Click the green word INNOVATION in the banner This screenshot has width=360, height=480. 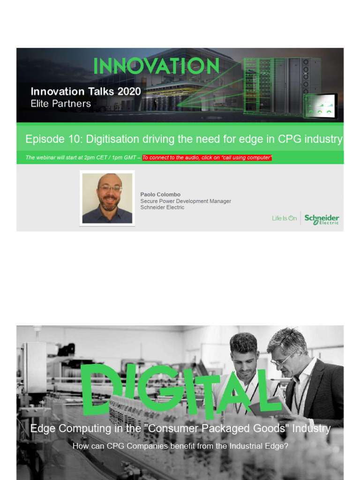pyautogui.click(x=156, y=66)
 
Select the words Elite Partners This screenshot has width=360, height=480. pyautogui.click(x=60, y=104)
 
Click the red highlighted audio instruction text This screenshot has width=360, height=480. pyautogui.click(x=207, y=157)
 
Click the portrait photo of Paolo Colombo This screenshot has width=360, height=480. pyautogui.click(x=107, y=198)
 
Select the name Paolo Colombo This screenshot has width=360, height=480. pyautogui.click(x=160, y=195)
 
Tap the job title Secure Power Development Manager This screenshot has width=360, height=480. pyautogui.click(x=186, y=201)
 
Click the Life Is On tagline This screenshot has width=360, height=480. pyautogui.click(x=284, y=218)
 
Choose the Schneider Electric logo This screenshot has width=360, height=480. pyautogui.click(x=322, y=219)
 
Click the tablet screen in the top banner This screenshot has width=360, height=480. pyautogui.click(x=321, y=106)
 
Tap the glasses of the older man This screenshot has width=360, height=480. pyautogui.click(x=280, y=359)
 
